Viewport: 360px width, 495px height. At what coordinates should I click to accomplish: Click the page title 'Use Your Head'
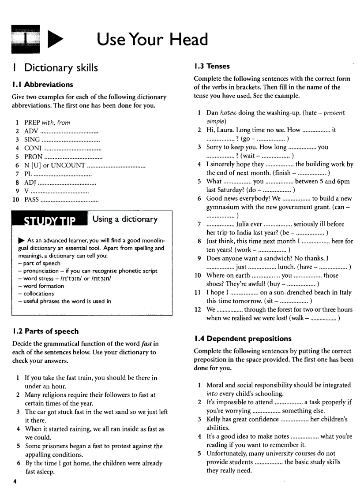tap(152, 40)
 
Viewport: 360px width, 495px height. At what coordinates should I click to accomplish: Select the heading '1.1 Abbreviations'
tap(42, 85)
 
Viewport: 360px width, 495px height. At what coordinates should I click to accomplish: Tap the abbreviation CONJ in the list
tap(33, 148)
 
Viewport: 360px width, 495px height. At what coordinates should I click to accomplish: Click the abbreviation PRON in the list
tap(34, 156)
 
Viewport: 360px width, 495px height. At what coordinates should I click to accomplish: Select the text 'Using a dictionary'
tap(126, 219)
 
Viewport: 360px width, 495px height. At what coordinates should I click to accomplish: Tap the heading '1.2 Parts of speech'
tap(45, 331)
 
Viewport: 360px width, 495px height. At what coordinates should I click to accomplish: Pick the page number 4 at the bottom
tap(15, 481)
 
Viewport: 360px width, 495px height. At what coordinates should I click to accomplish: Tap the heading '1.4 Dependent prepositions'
tap(243, 339)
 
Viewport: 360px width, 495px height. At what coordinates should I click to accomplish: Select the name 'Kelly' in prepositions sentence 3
tap(214, 419)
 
